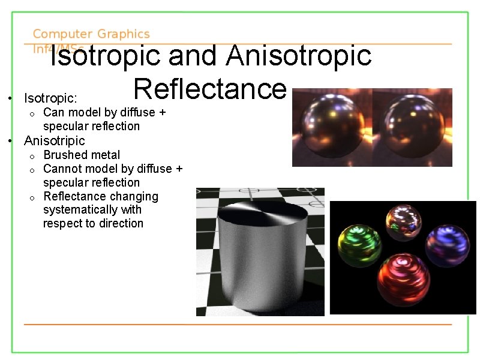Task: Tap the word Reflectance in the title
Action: pyautogui.click(x=210, y=89)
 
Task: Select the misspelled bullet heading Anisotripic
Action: pyautogui.click(x=55, y=140)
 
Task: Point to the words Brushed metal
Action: pyautogui.click(x=82, y=155)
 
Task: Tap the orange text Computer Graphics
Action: pyautogui.click(x=91, y=34)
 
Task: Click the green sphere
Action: pyautogui.click(x=359, y=246)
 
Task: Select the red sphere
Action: pyautogui.click(x=403, y=280)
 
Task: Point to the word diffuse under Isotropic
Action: pyautogui.click(x=138, y=112)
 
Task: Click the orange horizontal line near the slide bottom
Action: pyautogui.click(x=237, y=325)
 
